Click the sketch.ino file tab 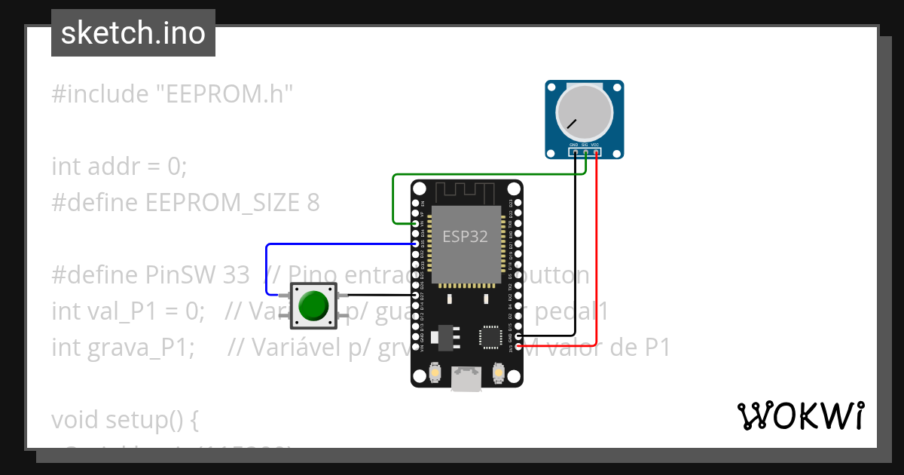133,33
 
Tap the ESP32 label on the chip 465,237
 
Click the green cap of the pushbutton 313,305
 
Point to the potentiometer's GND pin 575,152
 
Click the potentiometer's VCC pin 596,152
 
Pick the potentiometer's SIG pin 585,152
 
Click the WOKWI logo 801,415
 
